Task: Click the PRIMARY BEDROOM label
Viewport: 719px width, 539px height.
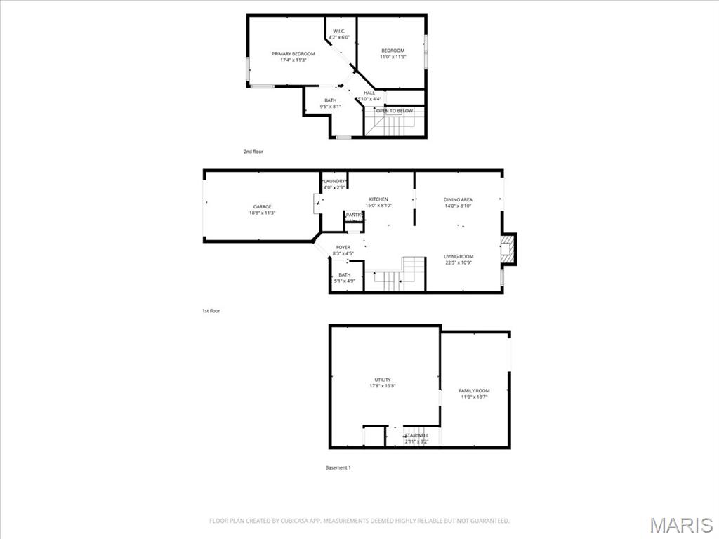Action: coord(293,54)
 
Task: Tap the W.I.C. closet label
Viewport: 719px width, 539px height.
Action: coord(338,31)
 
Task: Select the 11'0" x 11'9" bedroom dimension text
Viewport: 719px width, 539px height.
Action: coord(393,57)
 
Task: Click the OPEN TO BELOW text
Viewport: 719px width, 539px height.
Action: coord(394,111)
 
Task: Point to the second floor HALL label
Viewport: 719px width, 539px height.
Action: coord(369,93)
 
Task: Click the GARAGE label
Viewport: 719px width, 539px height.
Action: coord(262,206)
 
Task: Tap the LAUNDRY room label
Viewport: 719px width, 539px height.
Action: coord(334,182)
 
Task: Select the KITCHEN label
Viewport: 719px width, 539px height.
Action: coord(378,199)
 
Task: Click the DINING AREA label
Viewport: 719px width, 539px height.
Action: coord(458,199)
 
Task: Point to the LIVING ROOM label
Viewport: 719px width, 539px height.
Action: coord(459,256)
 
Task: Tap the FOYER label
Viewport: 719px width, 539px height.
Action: coord(343,247)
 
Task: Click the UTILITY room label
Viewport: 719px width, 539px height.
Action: coord(383,380)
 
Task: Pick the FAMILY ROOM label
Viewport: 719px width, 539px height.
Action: coord(474,390)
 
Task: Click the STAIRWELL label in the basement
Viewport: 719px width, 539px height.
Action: coord(416,436)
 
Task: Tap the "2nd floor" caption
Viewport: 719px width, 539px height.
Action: coord(253,151)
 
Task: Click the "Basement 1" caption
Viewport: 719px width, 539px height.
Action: coord(338,467)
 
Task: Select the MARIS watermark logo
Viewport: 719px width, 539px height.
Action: coord(680,524)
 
